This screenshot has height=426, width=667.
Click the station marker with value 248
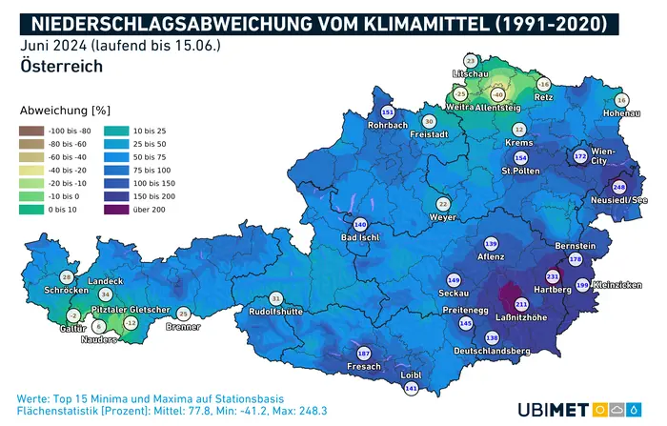(x=618, y=187)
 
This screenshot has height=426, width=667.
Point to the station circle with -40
(x=496, y=94)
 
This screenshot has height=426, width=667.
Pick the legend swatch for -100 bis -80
(x=30, y=130)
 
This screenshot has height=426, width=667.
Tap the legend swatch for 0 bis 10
(x=30, y=209)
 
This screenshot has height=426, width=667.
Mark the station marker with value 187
(x=363, y=354)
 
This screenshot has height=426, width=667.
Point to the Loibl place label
(x=411, y=375)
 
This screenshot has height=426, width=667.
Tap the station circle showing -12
(x=131, y=323)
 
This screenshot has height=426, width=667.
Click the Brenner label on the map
(x=183, y=326)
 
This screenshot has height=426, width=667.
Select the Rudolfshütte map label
(x=275, y=312)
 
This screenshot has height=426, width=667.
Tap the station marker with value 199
(x=582, y=285)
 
